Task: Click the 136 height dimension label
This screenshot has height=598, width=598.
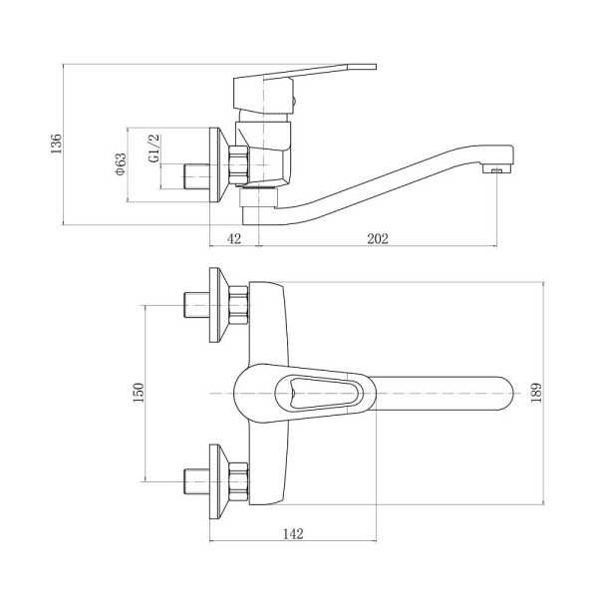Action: [x=56, y=144]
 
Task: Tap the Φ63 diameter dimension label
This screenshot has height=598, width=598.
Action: [x=121, y=164]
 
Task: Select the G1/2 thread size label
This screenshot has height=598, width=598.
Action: [x=154, y=149]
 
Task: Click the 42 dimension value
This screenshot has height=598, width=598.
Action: [x=234, y=239]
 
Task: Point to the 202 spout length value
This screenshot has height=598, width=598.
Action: [x=378, y=239]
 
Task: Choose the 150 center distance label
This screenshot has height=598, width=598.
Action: [x=139, y=393]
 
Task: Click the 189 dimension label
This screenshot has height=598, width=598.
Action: [x=536, y=393]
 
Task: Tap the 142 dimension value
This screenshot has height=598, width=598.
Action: [x=293, y=533]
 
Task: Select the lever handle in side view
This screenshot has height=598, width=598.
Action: [x=305, y=73]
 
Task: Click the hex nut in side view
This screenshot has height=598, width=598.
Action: [x=239, y=164]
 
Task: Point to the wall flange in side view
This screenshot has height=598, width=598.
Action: [x=218, y=164]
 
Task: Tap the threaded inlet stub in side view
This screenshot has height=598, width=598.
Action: [x=196, y=175]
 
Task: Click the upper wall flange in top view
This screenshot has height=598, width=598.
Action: [x=218, y=305]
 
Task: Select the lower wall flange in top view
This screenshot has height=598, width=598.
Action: [x=218, y=481]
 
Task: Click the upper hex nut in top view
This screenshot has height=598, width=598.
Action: [x=239, y=305]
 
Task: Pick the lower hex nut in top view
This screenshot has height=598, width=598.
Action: [x=239, y=481]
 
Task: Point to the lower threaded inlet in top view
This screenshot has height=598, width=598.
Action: [x=196, y=481]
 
